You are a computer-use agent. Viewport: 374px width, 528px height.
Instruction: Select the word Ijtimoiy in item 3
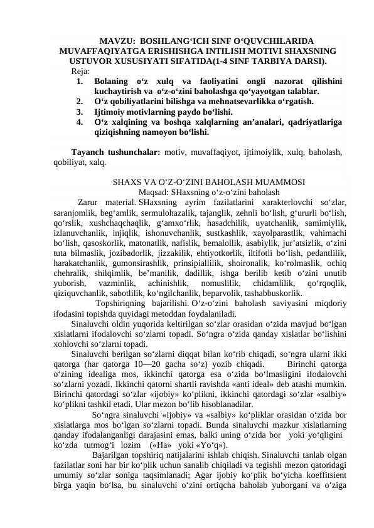click(112, 112)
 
